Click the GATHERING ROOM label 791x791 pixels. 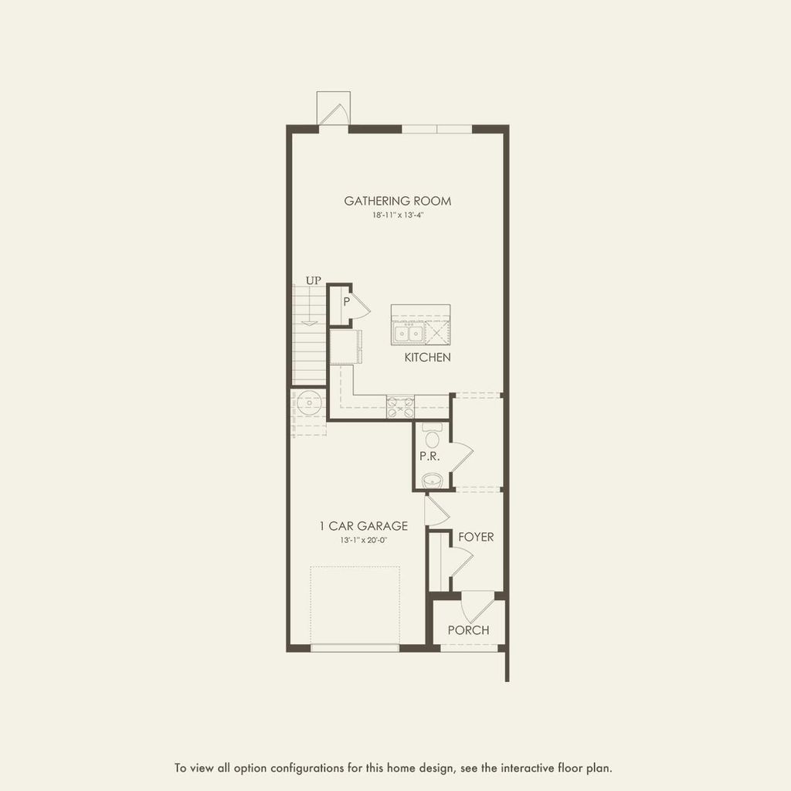click(397, 202)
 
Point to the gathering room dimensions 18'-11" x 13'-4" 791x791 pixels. click(397, 216)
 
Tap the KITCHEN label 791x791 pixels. click(427, 358)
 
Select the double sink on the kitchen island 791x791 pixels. click(408, 334)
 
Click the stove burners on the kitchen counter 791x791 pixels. click(400, 402)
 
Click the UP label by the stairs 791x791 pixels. click(313, 280)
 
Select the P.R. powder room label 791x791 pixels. click(429, 457)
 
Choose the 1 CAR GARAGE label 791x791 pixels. click(363, 527)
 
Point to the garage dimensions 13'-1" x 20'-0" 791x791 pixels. click(363, 541)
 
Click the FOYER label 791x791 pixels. click(475, 537)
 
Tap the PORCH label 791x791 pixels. click(468, 630)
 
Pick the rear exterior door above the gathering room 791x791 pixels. click(334, 110)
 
